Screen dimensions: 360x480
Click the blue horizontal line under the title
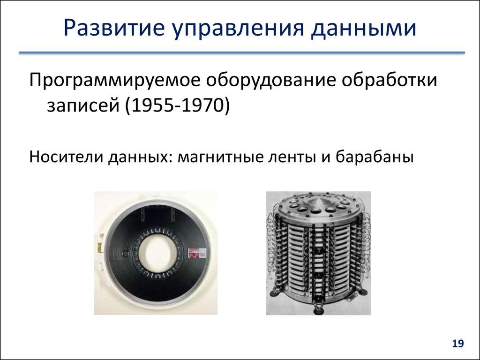point(241,53)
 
